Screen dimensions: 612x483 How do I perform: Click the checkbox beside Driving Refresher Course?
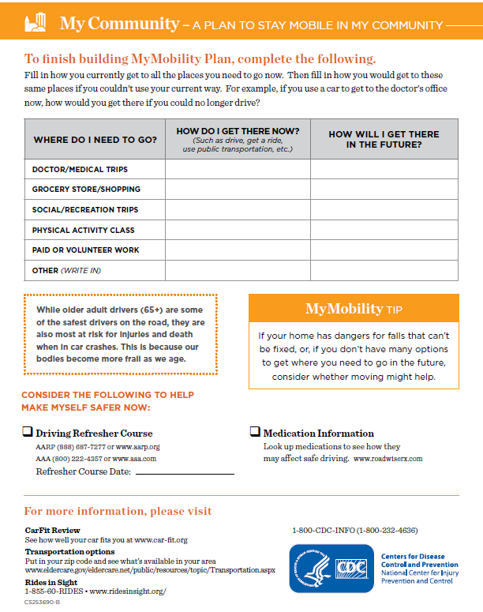28,432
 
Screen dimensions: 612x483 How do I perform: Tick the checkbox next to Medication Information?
255,432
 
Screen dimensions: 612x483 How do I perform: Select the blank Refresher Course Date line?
185,472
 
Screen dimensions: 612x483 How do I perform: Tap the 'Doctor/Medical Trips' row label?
80,170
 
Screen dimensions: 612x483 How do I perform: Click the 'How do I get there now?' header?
238,139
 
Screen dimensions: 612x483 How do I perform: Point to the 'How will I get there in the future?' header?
384,139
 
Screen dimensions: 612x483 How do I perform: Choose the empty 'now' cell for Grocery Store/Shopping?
238,190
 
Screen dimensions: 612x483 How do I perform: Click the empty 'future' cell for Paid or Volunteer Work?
384,250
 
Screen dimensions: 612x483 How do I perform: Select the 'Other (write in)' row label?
67,271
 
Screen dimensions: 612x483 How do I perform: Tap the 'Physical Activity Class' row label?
83,231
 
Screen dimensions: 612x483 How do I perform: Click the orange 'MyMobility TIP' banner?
354,308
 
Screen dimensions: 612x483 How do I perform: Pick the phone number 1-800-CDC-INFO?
354,530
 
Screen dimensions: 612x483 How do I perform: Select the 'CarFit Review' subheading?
52,530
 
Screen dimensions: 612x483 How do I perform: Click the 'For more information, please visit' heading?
118,511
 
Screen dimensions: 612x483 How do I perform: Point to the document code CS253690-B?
42,602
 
